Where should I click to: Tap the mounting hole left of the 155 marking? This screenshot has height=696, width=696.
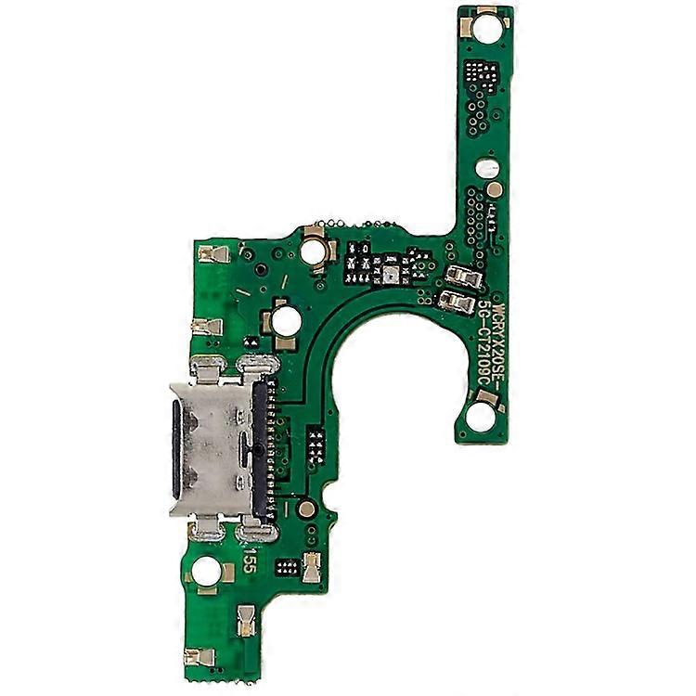(206, 573)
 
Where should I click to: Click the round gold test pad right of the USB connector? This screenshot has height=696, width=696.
(304, 508)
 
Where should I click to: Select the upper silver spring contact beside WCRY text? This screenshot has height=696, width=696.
(461, 276)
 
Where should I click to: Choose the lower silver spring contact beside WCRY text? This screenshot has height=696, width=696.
(456, 300)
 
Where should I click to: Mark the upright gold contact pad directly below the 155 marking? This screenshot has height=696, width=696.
(247, 617)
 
